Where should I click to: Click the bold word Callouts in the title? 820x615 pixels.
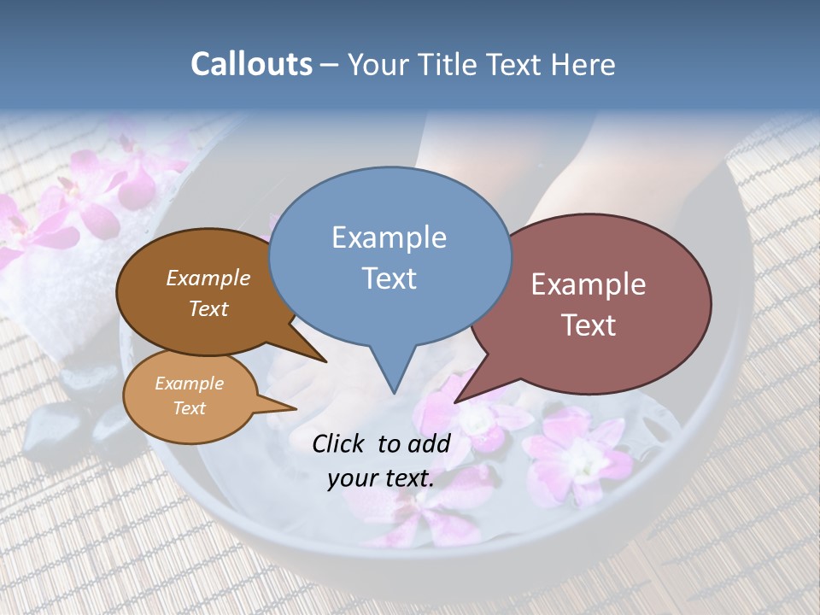251,64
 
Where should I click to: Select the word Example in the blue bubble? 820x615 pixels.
389,237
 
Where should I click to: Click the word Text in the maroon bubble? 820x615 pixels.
589,325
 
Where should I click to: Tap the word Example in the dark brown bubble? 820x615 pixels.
208,278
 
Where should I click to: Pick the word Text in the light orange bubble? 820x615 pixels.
190,408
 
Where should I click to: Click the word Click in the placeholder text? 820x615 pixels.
338,443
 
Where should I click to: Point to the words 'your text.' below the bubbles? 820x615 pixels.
381,479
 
